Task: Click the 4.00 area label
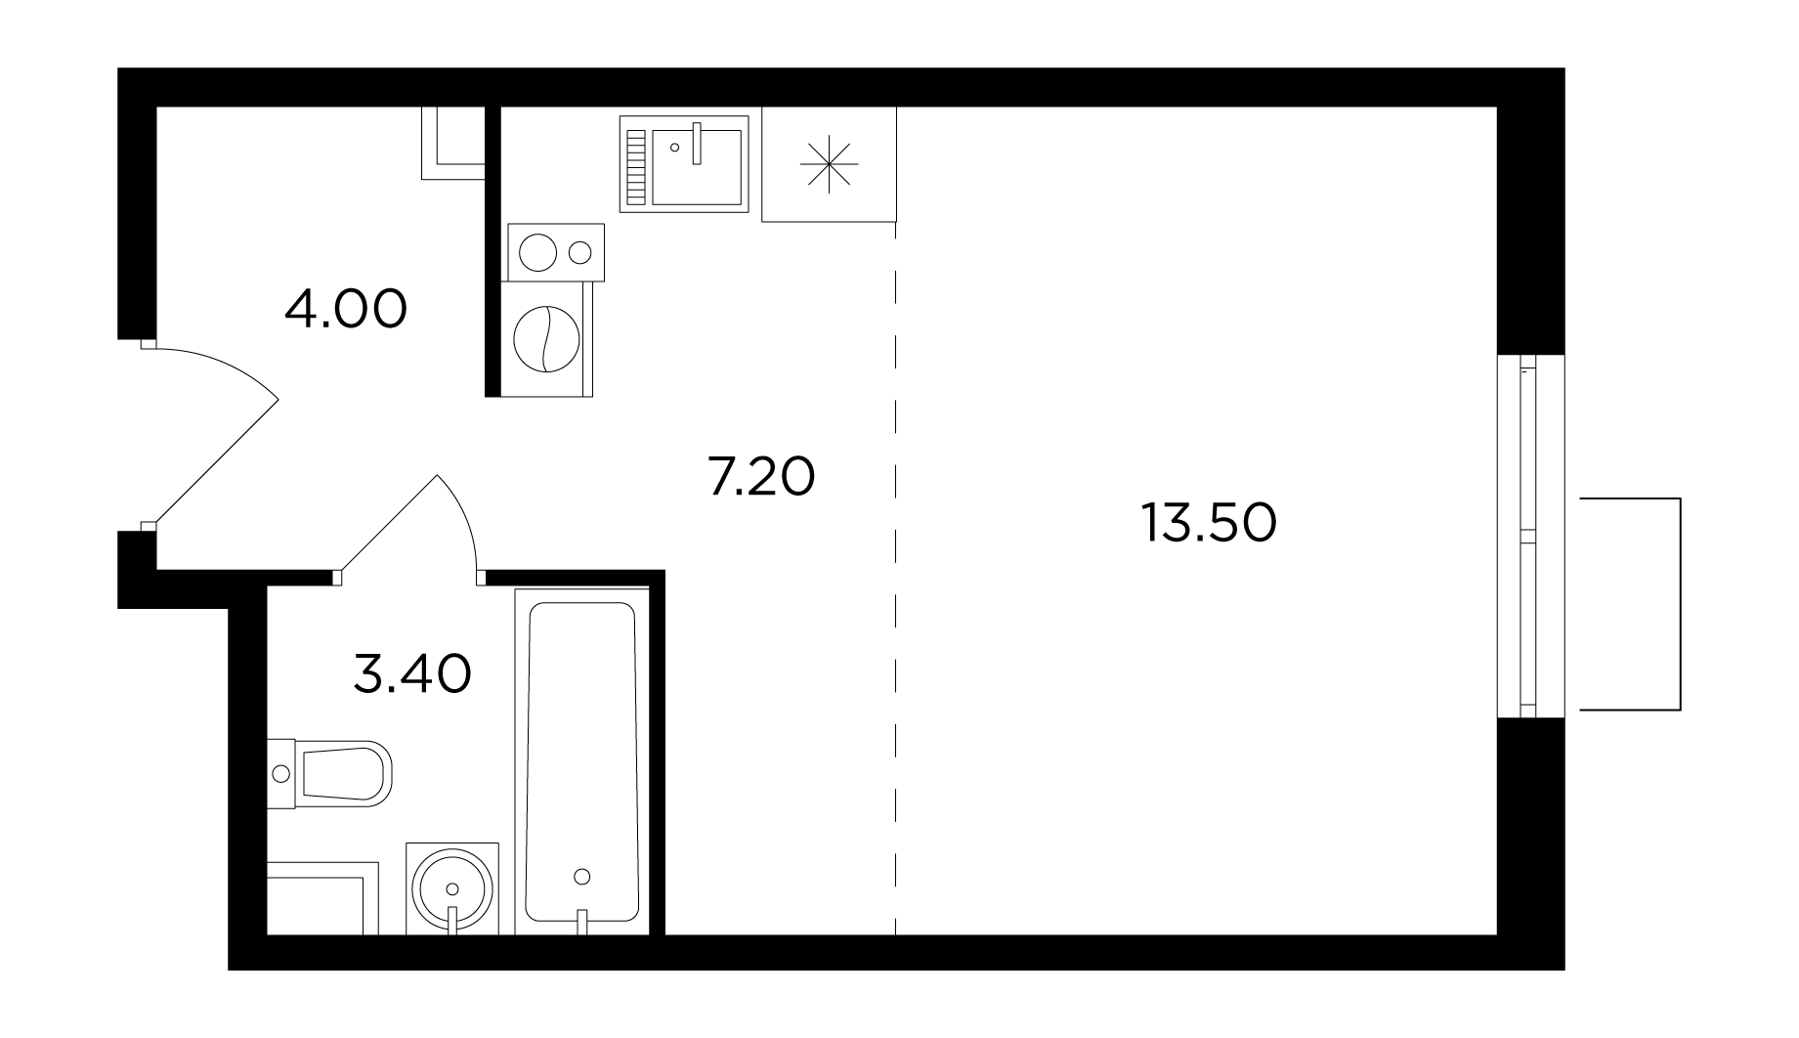pyautogui.click(x=346, y=310)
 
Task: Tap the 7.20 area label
pyautogui.click(x=761, y=478)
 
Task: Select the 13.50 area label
pyautogui.click(x=1209, y=524)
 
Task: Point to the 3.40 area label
pyautogui.click(x=412, y=673)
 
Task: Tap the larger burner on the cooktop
pyautogui.click(x=537, y=253)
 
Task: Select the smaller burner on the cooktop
pyautogui.click(x=580, y=253)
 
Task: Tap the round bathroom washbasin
pyautogui.click(x=451, y=888)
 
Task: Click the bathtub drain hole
pyautogui.click(x=583, y=876)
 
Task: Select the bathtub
pyautogui.click(x=581, y=761)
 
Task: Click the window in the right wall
pyautogui.click(x=1530, y=536)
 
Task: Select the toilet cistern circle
pyautogui.click(x=281, y=774)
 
